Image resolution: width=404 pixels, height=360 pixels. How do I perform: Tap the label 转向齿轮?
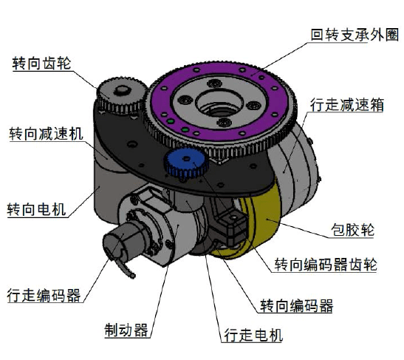point(42,64)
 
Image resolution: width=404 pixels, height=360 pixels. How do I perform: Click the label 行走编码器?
point(42,294)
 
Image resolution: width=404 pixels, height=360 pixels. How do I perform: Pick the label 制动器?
point(126,329)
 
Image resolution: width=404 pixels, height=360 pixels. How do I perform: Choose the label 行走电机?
point(253,335)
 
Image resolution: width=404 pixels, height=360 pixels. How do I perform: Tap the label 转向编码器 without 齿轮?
point(296,305)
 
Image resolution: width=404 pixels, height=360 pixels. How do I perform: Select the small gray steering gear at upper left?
point(117,95)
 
